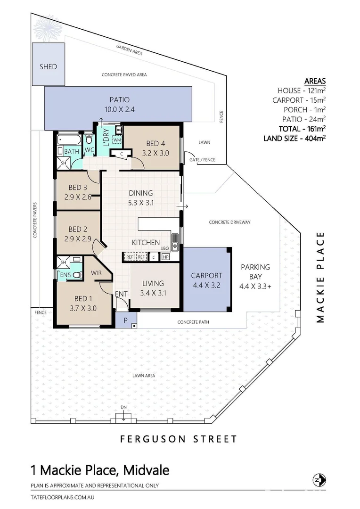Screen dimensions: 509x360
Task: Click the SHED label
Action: pyautogui.click(x=48, y=67)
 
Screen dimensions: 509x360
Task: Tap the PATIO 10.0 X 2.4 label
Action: pyautogui.click(x=119, y=104)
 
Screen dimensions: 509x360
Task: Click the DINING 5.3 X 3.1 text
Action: pyautogui.click(x=141, y=197)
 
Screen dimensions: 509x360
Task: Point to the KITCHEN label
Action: pyautogui.click(x=146, y=242)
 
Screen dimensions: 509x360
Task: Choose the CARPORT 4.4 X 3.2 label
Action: pyautogui.click(x=206, y=280)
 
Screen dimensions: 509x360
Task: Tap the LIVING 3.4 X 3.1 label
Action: pyautogui.click(x=153, y=287)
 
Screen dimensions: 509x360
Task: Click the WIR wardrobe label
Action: pyautogui.click(x=97, y=273)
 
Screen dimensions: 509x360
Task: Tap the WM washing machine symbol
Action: pyautogui.click(x=117, y=140)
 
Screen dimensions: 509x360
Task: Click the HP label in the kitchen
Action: pyautogui.click(x=166, y=257)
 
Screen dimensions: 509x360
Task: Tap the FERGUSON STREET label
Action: pyautogui.click(x=179, y=439)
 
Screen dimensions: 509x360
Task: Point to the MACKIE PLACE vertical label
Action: pyautogui.click(x=321, y=277)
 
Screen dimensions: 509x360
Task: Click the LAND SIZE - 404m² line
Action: pyautogui.click(x=295, y=138)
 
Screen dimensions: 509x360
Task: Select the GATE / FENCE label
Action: pyautogui.click(x=202, y=160)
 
